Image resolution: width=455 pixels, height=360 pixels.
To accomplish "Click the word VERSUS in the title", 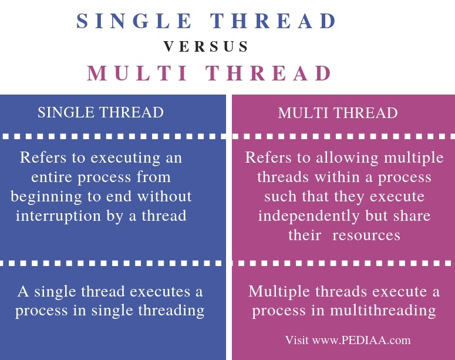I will click(x=207, y=47).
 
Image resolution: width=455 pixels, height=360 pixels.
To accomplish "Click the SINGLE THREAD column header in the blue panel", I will click(x=100, y=113).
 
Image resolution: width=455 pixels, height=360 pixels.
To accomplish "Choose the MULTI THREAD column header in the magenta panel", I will click(x=338, y=113).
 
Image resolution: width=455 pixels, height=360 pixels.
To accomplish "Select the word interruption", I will click(x=67, y=216).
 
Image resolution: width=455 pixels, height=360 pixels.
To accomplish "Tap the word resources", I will click(x=365, y=235).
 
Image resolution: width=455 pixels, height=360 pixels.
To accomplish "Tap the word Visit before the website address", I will click(x=296, y=340).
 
